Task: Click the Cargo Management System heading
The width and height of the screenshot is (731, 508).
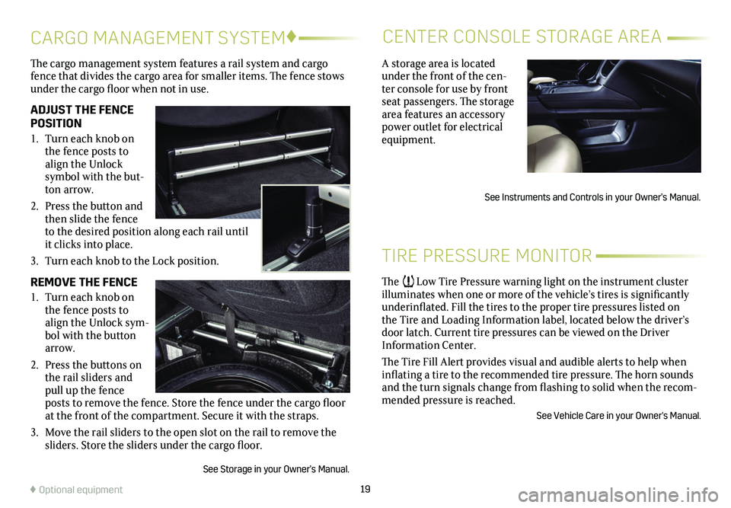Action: [158, 38]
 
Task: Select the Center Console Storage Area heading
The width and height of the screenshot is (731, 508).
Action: [522, 37]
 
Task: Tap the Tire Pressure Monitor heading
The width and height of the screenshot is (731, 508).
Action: [487, 256]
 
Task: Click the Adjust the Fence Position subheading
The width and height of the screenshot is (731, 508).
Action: [82, 117]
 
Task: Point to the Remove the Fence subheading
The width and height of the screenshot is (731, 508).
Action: [84, 283]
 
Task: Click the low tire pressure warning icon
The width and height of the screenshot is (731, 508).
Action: [408, 281]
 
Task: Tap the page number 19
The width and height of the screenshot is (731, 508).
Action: [365, 489]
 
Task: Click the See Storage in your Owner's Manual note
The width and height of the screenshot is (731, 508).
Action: [276, 469]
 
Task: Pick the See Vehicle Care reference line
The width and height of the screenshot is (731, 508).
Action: [618, 415]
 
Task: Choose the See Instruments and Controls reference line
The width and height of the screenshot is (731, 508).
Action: [592, 196]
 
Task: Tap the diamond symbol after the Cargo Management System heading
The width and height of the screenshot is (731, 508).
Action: [291, 37]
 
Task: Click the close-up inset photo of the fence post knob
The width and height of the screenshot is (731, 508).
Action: [306, 228]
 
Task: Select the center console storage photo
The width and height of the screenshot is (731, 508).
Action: [614, 117]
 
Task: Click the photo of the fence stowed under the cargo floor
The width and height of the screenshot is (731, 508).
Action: [253, 337]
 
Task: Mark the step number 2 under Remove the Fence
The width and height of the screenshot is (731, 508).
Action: [34, 365]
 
